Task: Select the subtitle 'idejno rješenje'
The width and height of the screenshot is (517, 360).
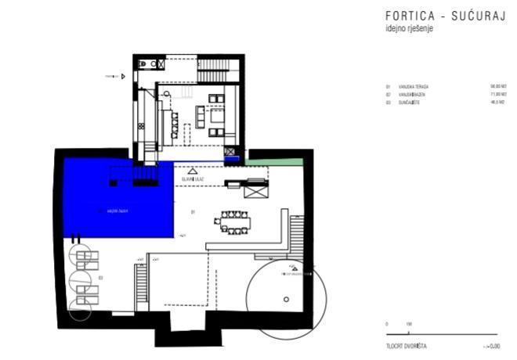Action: click(409, 28)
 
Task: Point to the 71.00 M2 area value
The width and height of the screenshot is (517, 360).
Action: click(497, 95)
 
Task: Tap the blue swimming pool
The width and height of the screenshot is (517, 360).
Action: click(117, 200)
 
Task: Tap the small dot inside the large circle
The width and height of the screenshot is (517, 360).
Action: click(287, 299)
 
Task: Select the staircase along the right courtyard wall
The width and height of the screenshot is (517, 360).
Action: click(297, 236)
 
